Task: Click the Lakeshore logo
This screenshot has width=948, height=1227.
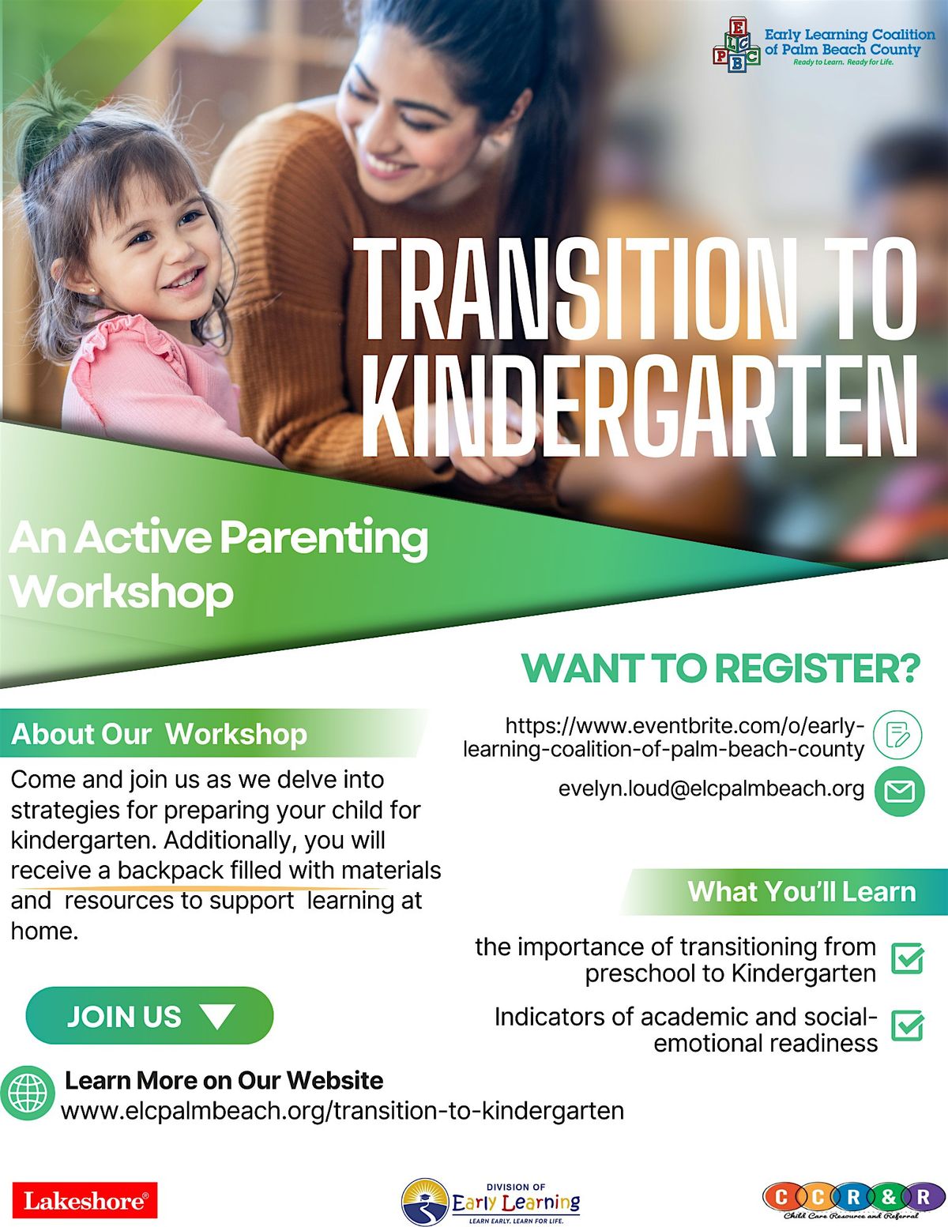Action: (x=85, y=1200)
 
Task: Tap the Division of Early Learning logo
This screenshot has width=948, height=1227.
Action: (x=491, y=1202)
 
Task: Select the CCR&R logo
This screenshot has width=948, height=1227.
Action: (x=847, y=1200)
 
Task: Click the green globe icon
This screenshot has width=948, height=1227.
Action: (x=28, y=1093)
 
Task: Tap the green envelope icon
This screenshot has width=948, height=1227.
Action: (x=899, y=790)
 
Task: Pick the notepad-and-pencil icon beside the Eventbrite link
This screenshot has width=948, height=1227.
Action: (x=898, y=735)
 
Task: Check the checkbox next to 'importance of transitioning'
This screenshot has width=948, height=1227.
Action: (x=907, y=958)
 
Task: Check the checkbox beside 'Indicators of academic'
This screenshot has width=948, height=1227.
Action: (x=907, y=1026)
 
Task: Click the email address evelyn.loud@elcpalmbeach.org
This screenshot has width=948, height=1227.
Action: (x=711, y=789)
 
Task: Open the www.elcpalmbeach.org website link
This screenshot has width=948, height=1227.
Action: (x=342, y=1110)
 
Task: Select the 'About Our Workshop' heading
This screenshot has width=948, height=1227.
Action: (x=160, y=734)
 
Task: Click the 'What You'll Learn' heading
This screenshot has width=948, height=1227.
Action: (x=801, y=891)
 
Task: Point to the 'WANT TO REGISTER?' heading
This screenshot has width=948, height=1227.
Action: (x=720, y=668)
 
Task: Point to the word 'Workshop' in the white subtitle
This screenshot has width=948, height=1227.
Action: (x=122, y=591)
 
